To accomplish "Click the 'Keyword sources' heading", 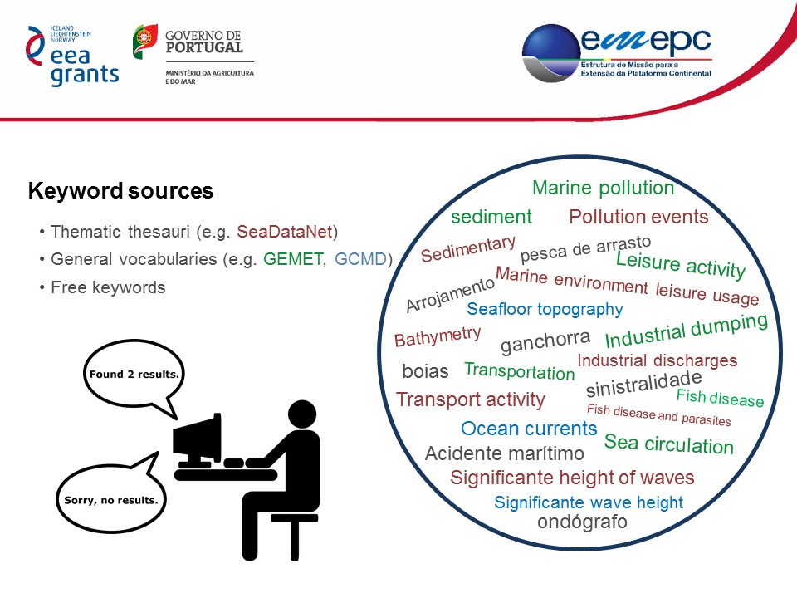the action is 120,191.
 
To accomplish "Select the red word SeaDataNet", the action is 285,232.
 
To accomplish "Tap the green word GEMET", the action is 293,259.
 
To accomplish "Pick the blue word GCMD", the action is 361,259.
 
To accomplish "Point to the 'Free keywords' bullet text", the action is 108,288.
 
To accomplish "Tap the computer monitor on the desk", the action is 197,440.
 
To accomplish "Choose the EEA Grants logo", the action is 72,55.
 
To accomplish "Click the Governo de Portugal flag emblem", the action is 145,42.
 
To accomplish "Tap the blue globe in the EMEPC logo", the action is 551,53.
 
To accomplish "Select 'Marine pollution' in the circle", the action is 604,189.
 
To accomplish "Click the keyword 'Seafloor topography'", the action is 545,309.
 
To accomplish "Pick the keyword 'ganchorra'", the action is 545,341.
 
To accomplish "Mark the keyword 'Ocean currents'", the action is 529,429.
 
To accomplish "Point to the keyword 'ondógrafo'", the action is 582,522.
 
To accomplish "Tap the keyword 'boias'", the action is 425,371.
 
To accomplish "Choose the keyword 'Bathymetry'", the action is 438,336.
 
